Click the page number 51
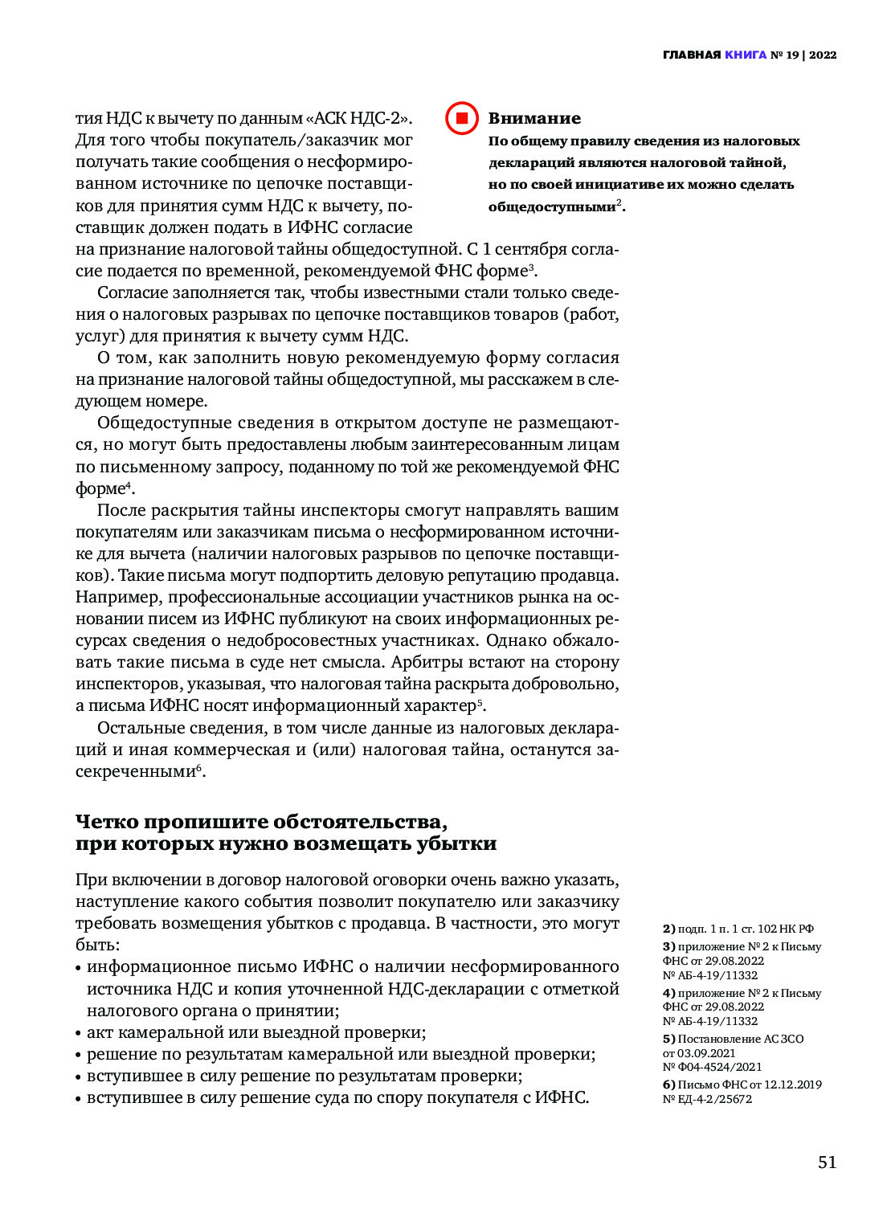click(x=827, y=1162)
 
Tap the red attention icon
click(x=462, y=118)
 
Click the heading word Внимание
click(x=534, y=118)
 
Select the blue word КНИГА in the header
click(x=745, y=55)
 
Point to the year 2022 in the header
click(x=823, y=55)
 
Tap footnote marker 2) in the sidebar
click(x=668, y=929)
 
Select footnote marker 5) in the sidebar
click(x=668, y=1039)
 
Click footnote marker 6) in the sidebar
click(x=668, y=1084)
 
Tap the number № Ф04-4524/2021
click(x=712, y=1067)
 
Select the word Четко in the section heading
click(x=108, y=822)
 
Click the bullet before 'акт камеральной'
click(x=79, y=1033)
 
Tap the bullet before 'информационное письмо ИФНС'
click(x=79, y=967)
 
